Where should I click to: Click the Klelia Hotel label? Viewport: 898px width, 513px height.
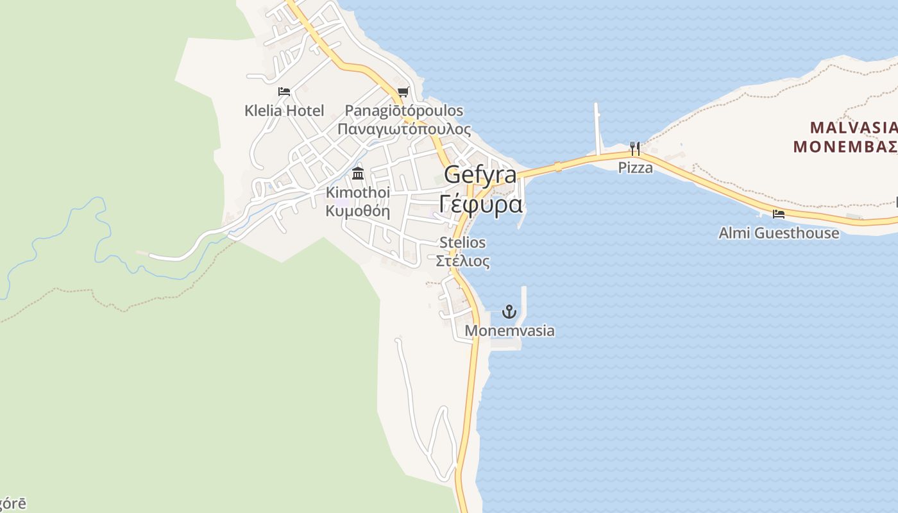click(284, 110)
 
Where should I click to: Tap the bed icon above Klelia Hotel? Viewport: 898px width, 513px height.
click(284, 92)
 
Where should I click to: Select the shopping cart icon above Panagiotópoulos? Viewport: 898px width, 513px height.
click(403, 92)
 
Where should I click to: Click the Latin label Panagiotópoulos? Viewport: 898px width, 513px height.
click(404, 110)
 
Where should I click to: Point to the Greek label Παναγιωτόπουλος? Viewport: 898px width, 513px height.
click(404, 129)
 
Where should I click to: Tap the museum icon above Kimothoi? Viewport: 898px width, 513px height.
click(358, 173)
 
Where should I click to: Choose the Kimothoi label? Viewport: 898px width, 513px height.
click(358, 192)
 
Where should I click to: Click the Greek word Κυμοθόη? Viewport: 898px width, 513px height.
click(358, 210)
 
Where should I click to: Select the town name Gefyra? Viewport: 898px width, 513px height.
click(480, 174)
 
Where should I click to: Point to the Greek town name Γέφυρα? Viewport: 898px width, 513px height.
click(481, 204)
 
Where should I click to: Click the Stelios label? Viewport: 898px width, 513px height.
click(462, 242)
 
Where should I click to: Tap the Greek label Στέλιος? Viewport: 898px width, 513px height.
click(462, 261)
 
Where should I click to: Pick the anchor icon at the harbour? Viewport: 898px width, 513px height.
click(509, 312)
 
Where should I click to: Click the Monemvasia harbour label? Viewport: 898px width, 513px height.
click(509, 331)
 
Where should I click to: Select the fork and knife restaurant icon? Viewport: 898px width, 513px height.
click(635, 149)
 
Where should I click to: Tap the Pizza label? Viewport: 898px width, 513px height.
click(635, 167)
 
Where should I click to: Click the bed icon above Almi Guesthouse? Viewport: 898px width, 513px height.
click(779, 214)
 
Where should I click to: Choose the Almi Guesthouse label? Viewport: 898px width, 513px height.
click(779, 233)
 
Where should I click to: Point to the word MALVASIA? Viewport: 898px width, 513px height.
click(852, 127)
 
